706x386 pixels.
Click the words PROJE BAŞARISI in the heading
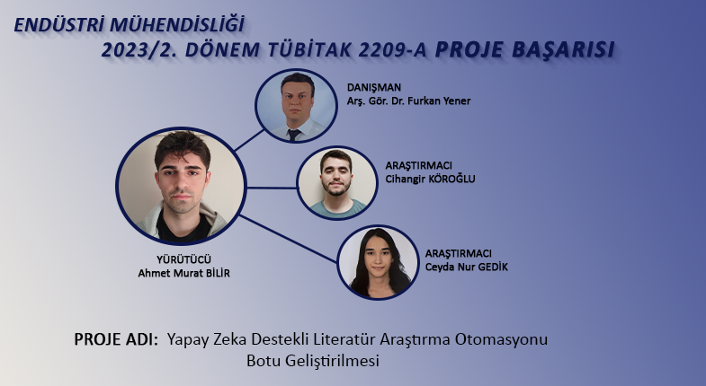[x=524, y=49]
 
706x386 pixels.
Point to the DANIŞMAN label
[x=374, y=87]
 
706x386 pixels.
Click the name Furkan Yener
[x=438, y=101]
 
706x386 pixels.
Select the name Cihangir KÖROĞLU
[x=430, y=179]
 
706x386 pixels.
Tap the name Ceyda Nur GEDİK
[x=467, y=267]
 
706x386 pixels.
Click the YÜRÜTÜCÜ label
[x=183, y=259]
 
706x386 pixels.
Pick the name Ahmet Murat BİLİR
[x=183, y=273]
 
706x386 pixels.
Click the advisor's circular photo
[x=296, y=106]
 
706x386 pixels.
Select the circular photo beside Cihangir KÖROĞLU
[x=336, y=183]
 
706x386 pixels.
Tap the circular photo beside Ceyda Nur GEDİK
[x=379, y=262]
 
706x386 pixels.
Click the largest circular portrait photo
[x=181, y=186]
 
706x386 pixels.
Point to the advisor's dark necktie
[x=294, y=135]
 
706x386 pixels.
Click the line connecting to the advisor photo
[x=249, y=140]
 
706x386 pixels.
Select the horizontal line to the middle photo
[x=272, y=188]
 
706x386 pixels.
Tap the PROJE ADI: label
[x=116, y=339]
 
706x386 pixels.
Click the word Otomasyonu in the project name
[x=501, y=339]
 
